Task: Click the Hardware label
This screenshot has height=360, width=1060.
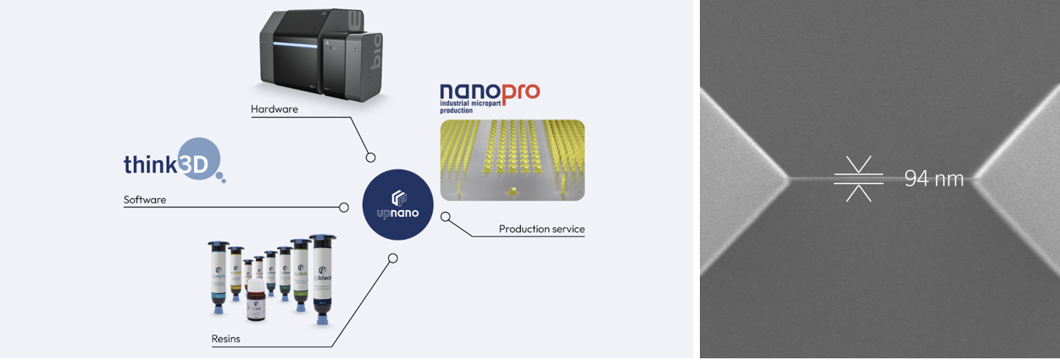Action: click(275, 109)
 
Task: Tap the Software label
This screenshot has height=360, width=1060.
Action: click(145, 200)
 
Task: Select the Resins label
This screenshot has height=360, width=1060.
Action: click(225, 339)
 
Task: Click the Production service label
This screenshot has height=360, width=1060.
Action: click(541, 229)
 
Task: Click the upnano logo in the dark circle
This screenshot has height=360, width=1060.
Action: click(397, 204)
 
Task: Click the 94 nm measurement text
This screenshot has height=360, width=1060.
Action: click(934, 179)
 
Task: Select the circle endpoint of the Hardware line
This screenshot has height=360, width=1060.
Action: click(370, 157)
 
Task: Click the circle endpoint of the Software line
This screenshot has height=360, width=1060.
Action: click(344, 208)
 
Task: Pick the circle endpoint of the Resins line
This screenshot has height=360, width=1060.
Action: click(392, 258)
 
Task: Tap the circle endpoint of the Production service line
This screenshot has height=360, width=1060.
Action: click(446, 217)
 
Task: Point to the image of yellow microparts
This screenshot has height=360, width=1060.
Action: click(512, 159)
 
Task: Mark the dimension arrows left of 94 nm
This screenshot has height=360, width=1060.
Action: click(858, 179)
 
